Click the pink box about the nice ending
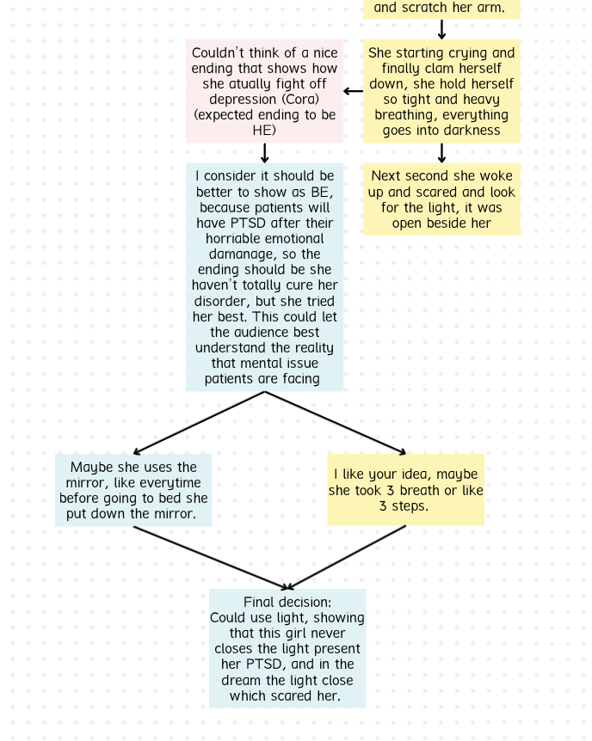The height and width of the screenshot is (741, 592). pos(264,91)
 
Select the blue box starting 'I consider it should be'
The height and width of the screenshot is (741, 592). pos(264,278)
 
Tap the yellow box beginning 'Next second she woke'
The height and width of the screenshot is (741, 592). pos(441,199)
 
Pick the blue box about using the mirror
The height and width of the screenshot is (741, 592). pos(133,490)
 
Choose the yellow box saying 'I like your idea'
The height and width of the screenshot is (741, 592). pos(405,490)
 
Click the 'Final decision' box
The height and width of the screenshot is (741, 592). pos(287,648)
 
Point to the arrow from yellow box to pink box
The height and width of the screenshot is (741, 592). pos(353,91)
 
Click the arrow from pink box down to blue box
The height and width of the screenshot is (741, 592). pos(264,153)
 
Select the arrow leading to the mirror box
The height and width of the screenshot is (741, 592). pos(199,423)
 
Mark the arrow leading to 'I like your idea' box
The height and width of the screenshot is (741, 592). pos(335,423)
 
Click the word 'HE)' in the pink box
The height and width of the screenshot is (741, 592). pos(264,131)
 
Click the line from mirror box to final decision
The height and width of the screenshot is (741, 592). pos(210,558)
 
